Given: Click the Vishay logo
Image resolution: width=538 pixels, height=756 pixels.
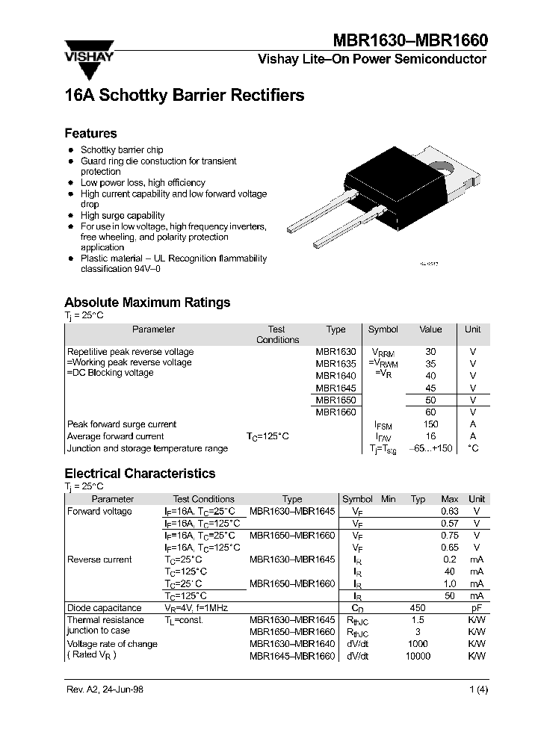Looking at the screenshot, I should point(88,59).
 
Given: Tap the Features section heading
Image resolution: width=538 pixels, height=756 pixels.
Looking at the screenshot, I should point(90,134).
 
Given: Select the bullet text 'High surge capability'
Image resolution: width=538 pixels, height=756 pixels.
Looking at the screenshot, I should point(123,215).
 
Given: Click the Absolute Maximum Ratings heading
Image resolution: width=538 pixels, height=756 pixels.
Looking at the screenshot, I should point(147,303).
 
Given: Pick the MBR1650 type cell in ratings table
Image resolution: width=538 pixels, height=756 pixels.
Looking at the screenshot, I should point(336,400).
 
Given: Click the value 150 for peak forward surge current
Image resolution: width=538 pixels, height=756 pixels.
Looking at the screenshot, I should point(430,424).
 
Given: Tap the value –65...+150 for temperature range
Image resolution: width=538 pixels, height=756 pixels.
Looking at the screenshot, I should point(431,448).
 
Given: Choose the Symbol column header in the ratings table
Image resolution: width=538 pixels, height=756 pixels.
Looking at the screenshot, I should point(383,329).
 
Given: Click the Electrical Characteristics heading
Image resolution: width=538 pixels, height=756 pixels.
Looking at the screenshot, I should point(140,474).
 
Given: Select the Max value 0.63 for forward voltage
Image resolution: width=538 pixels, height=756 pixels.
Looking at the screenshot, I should point(449,512).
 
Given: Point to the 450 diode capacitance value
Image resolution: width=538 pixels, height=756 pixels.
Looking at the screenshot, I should point(418,608).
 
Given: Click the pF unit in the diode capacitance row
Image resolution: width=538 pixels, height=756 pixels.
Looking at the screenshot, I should point(476,608).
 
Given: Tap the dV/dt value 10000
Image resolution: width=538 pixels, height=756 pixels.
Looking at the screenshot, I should point(418,656).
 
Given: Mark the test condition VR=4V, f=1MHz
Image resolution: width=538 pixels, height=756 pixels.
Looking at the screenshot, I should point(197,608).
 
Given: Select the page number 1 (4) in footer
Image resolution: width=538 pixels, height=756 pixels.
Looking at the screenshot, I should point(478,690).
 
